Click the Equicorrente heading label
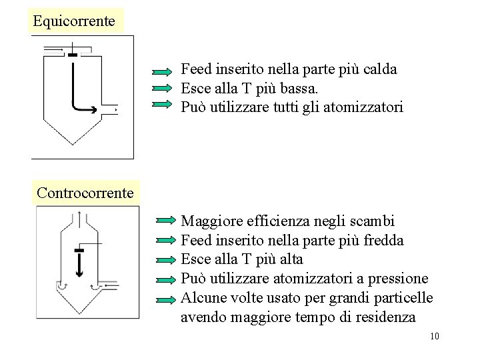[x=74, y=21]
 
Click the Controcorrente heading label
[x=85, y=193]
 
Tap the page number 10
[x=435, y=335]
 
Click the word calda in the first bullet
[x=381, y=69]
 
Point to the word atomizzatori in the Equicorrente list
[x=366, y=107]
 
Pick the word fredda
[x=382, y=240]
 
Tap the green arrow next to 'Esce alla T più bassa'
[x=162, y=87]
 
